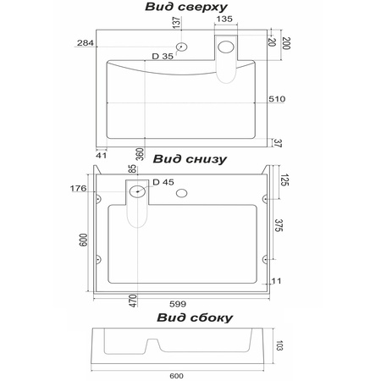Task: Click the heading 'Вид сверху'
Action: pos(186,7)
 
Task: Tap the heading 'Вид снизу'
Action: pos(190,159)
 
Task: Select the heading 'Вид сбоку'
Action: pos(195,317)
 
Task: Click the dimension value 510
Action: pos(277,99)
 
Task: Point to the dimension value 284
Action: pos(86,43)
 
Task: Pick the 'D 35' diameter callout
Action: pos(163,56)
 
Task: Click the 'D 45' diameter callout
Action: pos(163,182)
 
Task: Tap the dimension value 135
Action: pos(224,19)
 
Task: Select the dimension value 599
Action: pos(178,304)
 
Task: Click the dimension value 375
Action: pos(279,225)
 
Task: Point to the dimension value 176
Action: pos(78,188)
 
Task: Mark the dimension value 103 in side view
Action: pos(279,345)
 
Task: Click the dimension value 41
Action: pos(102,155)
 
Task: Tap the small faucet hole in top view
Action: pos(181,47)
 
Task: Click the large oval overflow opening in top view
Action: pos(226,47)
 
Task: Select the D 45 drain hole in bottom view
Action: pos(137,191)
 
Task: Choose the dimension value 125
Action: pos(285,179)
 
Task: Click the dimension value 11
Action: pos(276,281)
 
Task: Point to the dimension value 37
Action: pos(278,143)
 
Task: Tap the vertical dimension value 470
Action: pos(133,301)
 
